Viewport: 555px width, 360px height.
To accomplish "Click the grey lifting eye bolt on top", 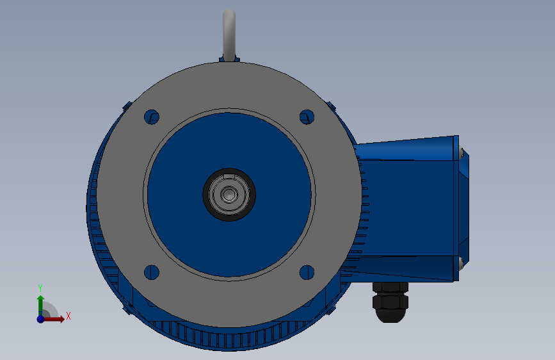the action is pos(229,35).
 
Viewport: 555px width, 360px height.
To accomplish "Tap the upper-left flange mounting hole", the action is pos(152,117).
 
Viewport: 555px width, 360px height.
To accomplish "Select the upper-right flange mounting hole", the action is pos(307,117).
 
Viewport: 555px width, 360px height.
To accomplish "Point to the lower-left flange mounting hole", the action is pos(152,272).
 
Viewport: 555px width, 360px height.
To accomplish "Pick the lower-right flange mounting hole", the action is pos(307,272).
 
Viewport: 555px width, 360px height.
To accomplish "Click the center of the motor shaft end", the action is pos(229,195).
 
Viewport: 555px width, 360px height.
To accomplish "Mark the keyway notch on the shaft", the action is pos(229,176).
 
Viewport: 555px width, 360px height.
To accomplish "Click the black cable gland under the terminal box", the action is pos(390,302).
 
